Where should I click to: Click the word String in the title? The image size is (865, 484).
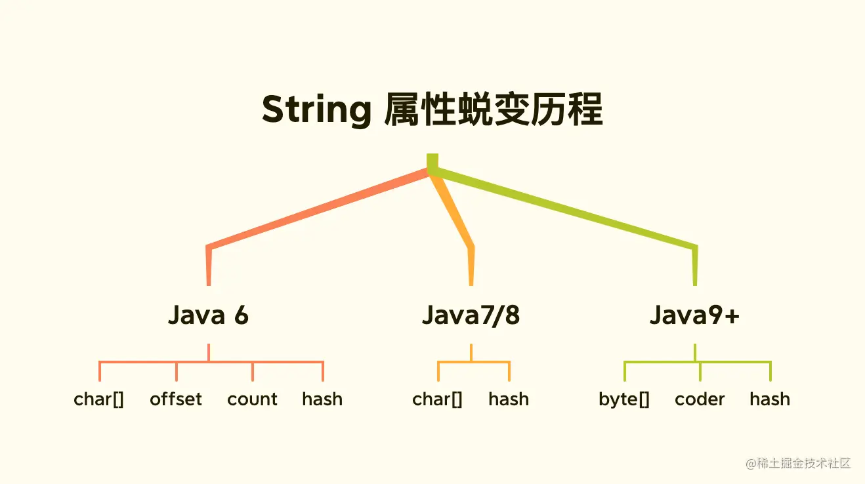(316, 111)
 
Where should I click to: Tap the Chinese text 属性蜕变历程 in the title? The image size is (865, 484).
(494, 110)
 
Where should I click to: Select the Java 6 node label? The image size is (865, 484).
(209, 315)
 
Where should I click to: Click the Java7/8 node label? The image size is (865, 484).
(471, 315)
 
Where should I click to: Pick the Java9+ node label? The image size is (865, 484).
(695, 315)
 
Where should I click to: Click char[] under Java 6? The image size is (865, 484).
(99, 399)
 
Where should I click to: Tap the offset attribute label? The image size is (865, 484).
(176, 399)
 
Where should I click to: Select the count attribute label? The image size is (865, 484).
(252, 399)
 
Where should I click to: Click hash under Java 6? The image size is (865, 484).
(322, 399)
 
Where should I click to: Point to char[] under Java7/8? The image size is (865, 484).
(438, 399)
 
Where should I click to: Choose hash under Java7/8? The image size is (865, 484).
(509, 399)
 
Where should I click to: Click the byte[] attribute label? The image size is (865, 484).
(624, 399)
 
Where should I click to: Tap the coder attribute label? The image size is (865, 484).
(700, 399)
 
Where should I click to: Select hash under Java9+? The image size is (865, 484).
(770, 399)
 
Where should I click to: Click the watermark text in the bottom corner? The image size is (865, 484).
(798, 463)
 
